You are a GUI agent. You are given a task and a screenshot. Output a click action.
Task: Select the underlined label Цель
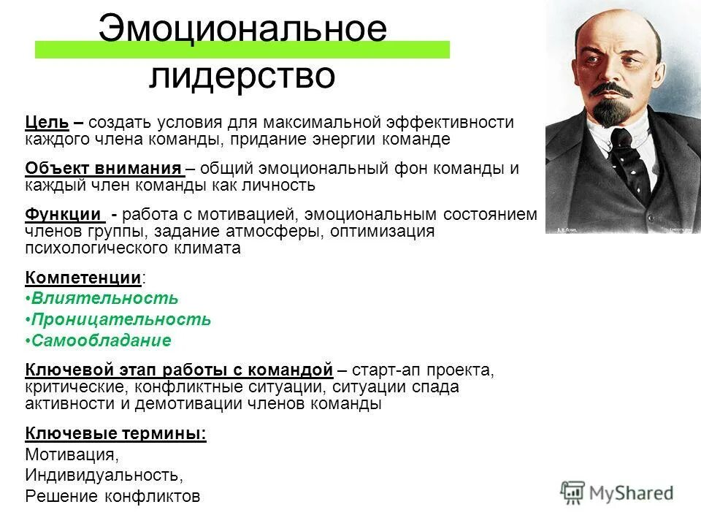[47, 122]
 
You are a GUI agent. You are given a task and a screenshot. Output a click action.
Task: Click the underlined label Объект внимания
[104, 168]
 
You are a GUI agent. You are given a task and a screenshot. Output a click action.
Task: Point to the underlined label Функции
[64, 215]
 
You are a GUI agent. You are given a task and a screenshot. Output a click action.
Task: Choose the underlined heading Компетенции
[83, 278]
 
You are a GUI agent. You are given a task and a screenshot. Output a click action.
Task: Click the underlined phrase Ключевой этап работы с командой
[179, 370]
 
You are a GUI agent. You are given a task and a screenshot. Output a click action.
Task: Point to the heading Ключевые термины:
[115, 433]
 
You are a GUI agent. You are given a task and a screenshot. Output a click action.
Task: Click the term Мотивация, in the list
[71, 454]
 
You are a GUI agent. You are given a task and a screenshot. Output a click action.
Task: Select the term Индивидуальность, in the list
[104, 475]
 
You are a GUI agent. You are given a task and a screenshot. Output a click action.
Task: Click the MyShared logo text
[631, 493]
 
